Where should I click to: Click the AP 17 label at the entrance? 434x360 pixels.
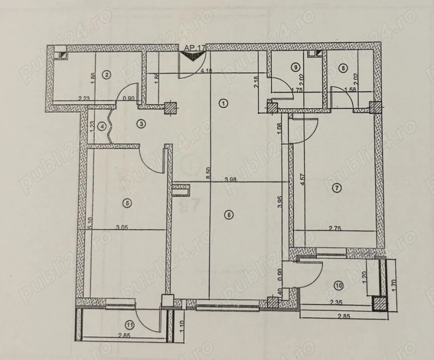[195, 47]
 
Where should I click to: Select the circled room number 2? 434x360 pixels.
[106, 75]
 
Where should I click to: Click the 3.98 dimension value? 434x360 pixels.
[230, 179]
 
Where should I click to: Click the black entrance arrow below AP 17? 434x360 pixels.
[194, 57]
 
